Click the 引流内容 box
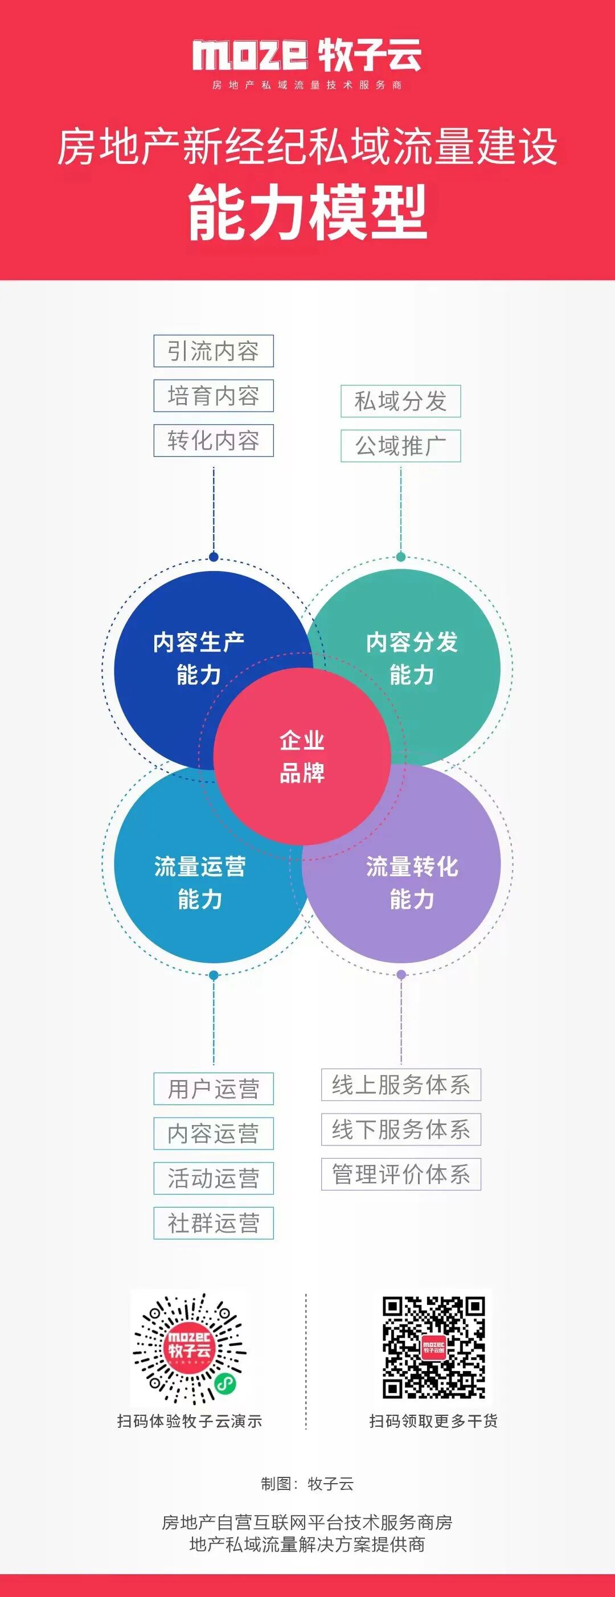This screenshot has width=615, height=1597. [214, 351]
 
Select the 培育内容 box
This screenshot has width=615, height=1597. [214, 396]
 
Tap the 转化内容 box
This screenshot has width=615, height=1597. [214, 440]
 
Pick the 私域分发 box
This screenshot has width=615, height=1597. [400, 401]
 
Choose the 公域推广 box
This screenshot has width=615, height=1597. [400, 446]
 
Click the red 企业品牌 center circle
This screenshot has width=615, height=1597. [302, 756]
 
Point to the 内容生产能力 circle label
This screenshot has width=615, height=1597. [199, 658]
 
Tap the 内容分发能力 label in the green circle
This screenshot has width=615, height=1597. [412, 658]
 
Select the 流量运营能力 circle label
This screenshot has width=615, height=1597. [200, 883]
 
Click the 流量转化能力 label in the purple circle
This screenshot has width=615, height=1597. [412, 883]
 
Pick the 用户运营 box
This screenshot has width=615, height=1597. [214, 1089]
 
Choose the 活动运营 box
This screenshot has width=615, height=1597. [214, 1178]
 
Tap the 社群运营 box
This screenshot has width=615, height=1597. [214, 1223]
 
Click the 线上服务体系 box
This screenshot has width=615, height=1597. [400, 1085]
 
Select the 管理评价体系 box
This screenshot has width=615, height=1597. [400, 1174]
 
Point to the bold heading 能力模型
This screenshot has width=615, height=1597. [307, 212]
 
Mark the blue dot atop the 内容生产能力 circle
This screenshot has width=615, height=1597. [214, 557]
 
